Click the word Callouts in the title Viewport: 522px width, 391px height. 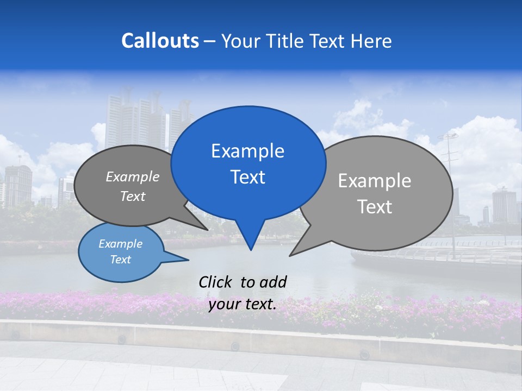pos(160,41)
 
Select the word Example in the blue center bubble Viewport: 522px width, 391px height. pos(247,151)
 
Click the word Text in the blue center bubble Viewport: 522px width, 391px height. pos(247,177)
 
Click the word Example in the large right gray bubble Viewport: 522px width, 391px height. pos(375,181)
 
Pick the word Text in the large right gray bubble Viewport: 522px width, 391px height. pos(375,207)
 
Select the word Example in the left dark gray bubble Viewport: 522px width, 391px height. pos(133,176)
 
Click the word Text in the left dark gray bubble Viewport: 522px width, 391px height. pos(133,196)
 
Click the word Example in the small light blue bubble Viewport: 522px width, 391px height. pos(121,244)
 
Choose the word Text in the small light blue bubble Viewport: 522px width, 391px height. pos(121,260)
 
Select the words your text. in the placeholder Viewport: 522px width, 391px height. pos(243,305)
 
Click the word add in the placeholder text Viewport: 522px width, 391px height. pos(272,282)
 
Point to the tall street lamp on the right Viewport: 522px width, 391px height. pos(449,163)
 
